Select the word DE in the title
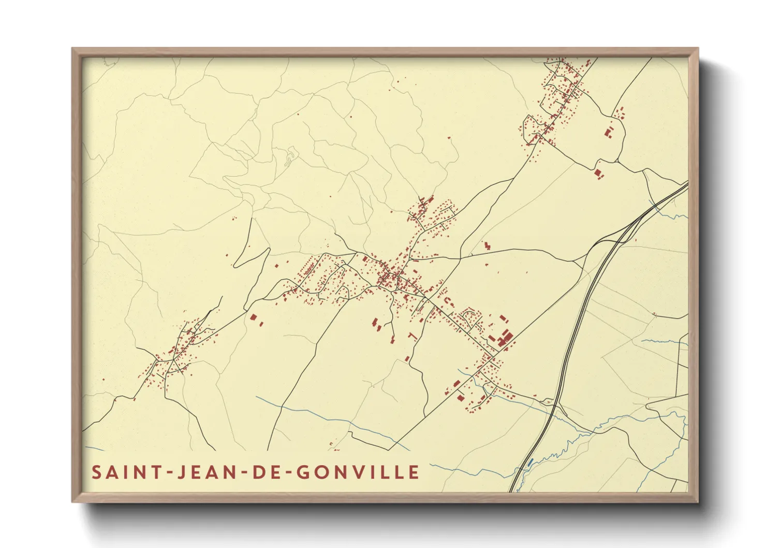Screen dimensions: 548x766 tap(264, 472)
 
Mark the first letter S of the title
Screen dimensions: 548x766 tap(96, 472)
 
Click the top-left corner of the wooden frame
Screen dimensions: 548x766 tap(73, 49)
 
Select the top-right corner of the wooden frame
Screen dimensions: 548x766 tap(698, 49)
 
